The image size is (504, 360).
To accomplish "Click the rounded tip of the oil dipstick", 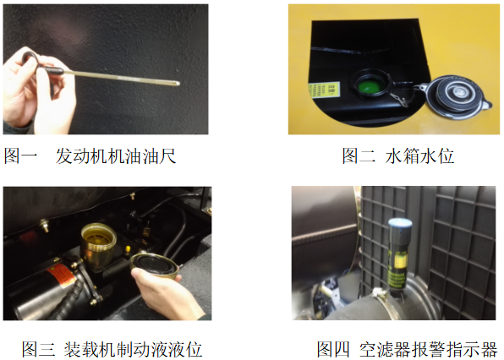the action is pyautogui.click(x=178, y=83).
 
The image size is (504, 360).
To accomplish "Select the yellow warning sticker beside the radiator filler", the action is pyautogui.click(x=324, y=90).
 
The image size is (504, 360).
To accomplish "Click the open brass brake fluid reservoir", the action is pyautogui.click(x=98, y=243).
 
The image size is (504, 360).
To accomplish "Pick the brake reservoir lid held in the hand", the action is pyautogui.click(x=155, y=265).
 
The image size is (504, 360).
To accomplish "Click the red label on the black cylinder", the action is pyautogui.click(x=61, y=275).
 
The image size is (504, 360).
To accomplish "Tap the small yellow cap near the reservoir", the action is pyautogui.click(x=128, y=249).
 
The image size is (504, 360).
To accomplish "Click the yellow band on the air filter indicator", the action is pyautogui.click(x=399, y=261).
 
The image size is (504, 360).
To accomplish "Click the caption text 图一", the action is pyautogui.click(x=20, y=156).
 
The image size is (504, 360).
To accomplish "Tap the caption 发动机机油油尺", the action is pyautogui.click(x=116, y=156).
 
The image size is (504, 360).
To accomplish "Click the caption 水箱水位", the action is pyautogui.click(x=419, y=156).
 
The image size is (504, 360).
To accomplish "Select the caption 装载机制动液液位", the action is pyautogui.click(x=133, y=349).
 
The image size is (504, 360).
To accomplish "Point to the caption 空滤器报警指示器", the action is pyautogui.click(x=428, y=349).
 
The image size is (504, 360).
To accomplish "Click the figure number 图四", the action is pyautogui.click(x=333, y=349).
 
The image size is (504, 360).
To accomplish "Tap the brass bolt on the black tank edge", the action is pyautogui.click(x=44, y=225).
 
